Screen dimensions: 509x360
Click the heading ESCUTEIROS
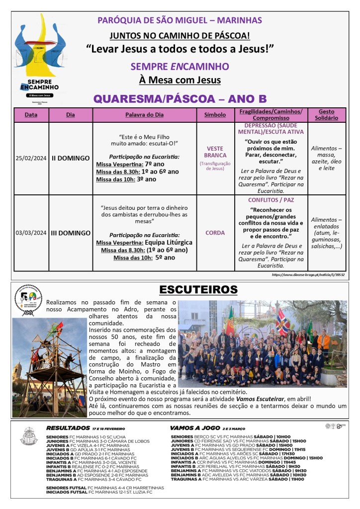[x=198, y=290]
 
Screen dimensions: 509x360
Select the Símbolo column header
[x=215, y=115]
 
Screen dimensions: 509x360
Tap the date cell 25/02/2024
[x=30, y=158]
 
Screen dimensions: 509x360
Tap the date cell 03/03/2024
[x=30, y=233]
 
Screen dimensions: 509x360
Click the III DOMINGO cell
[x=71, y=233]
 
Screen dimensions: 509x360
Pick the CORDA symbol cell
[x=215, y=233]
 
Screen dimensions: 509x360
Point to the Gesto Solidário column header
[x=326, y=115]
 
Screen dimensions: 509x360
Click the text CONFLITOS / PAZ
[x=271, y=200]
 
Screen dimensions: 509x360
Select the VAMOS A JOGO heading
[x=191, y=427]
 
